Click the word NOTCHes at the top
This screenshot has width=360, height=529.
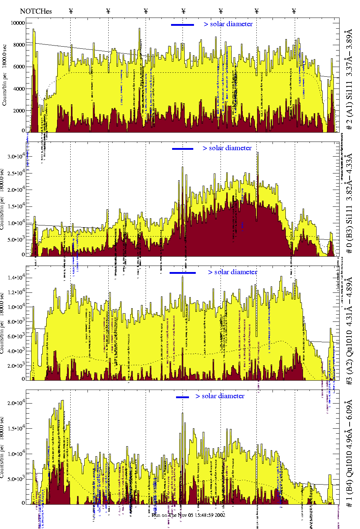tap(36, 11)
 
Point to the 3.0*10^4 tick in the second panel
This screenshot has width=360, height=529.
tap(16, 156)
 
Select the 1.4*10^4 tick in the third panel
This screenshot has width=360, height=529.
tap(16, 277)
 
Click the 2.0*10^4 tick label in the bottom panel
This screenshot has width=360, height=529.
tap(16, 403)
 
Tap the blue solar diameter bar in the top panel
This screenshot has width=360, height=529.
tap(183, 25)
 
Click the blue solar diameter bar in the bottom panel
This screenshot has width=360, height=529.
tap(183, 397)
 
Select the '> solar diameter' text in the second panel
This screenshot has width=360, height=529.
tap(227, 148)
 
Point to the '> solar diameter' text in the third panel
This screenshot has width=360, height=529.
tap(232, 272)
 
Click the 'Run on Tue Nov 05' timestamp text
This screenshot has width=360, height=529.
tap(189, 515)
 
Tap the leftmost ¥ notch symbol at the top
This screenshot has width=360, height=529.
tap(71, 11)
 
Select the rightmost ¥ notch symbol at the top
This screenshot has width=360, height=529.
tap(294, 11)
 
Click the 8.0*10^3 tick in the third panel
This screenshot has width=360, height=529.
tap(16, 321)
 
